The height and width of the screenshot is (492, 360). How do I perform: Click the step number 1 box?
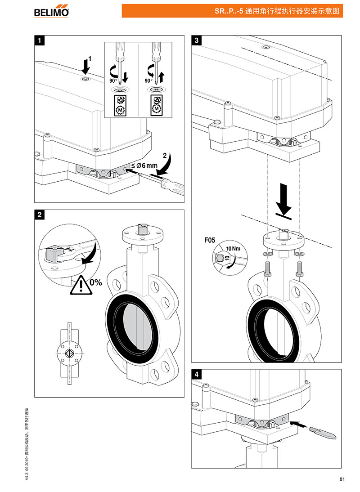pyautogui.click(x=40, y=40)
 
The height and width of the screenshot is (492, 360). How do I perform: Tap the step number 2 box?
pyautogui.click(x=40, y=215)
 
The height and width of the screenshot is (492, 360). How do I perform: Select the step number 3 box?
pyautogui.click(x=197, y=40)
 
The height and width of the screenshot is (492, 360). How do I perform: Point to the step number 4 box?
pyautogui.click(x=197, y=374)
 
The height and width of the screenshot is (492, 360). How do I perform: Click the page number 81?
pyautogui.click(x=342, y=479)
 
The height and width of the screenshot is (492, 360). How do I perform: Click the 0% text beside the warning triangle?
pyautogui.click(x=96, y=283)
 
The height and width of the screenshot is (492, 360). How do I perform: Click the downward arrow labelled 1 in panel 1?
pyautogui.click(x=86, y=67)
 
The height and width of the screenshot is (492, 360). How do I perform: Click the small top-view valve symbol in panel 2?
pyautogui.click(x=70, y=352)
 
